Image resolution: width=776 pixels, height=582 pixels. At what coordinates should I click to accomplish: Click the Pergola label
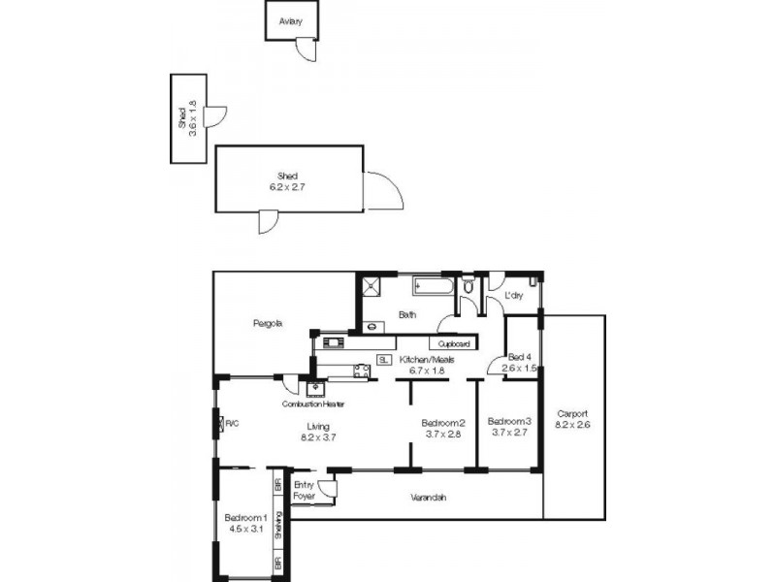coord(268,323)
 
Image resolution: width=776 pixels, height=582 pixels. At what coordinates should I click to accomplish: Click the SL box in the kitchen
coord(384,359)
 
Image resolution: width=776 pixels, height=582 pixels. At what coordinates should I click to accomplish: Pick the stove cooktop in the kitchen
coord(361,369)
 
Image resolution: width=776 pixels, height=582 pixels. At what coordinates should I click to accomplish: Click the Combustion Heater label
coord(312,404)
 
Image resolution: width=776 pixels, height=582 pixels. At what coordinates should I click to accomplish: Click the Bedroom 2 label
coord(443,422)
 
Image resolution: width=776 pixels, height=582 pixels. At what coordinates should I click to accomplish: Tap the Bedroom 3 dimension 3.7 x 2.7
coord(509,434)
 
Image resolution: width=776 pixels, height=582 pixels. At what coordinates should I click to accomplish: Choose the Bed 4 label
coord(520,356)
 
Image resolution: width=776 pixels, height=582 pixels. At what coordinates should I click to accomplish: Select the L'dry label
coord(514,296)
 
